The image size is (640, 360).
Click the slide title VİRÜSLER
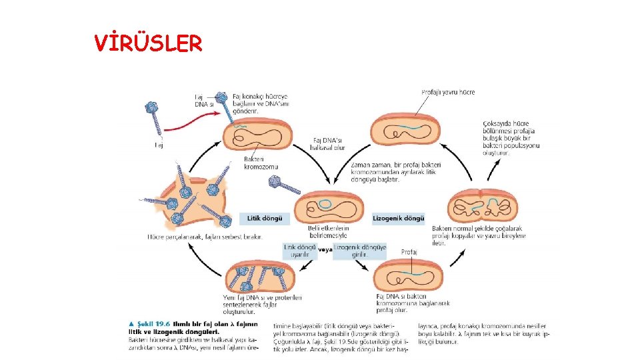pos(148,43)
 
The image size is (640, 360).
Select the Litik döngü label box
pos(265,218)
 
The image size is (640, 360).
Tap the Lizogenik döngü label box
pos(398,218)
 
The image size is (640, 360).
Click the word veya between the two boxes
pos(325,250)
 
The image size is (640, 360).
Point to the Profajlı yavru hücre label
pos(448,92)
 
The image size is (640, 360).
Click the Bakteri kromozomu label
pos(261,163)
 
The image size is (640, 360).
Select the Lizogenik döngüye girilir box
pos(360,250)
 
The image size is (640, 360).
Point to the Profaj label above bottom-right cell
pos(409,252)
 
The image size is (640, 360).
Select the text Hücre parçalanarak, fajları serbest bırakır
pos(205,236)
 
